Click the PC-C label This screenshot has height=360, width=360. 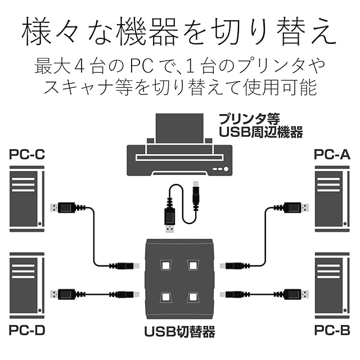[x=27, y=154]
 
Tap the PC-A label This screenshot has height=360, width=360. [x=332, y=154]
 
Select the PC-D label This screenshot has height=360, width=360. [x=27, y=330]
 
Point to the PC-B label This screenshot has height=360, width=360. [x=332, y=330]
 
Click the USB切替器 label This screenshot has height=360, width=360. [x=179, y=332]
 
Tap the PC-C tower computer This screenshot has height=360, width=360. [x=27, y=199]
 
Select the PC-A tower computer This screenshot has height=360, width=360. [x=332, y=199]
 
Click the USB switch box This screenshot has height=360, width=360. [x=179, y=279]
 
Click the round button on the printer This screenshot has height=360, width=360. [x=226, y=169]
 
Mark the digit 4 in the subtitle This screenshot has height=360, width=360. [x=90, y=66]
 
